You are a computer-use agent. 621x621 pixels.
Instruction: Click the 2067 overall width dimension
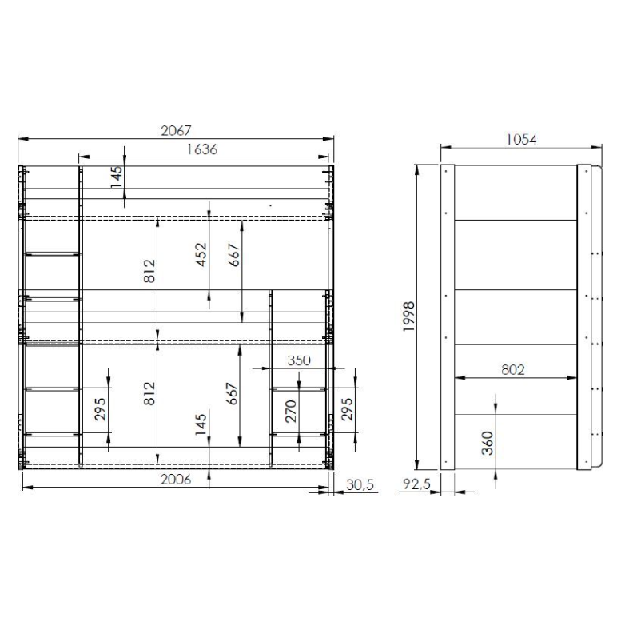coord(176,131)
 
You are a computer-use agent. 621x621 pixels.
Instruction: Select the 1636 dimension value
coord(202,149)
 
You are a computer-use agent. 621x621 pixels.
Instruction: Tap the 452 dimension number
coord(201,255)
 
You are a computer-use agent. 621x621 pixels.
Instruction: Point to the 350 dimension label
coord(299,360)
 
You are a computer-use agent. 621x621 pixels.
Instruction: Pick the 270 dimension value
coord(291,411)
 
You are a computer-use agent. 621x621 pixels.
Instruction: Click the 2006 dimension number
coord(176,480)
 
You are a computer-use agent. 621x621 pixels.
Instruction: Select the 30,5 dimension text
coord(360,485)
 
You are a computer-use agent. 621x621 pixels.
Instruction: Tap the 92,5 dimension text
coord(416,484)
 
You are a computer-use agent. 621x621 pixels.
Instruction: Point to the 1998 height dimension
coord(408,316)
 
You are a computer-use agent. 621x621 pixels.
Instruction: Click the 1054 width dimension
coord(521,140)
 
